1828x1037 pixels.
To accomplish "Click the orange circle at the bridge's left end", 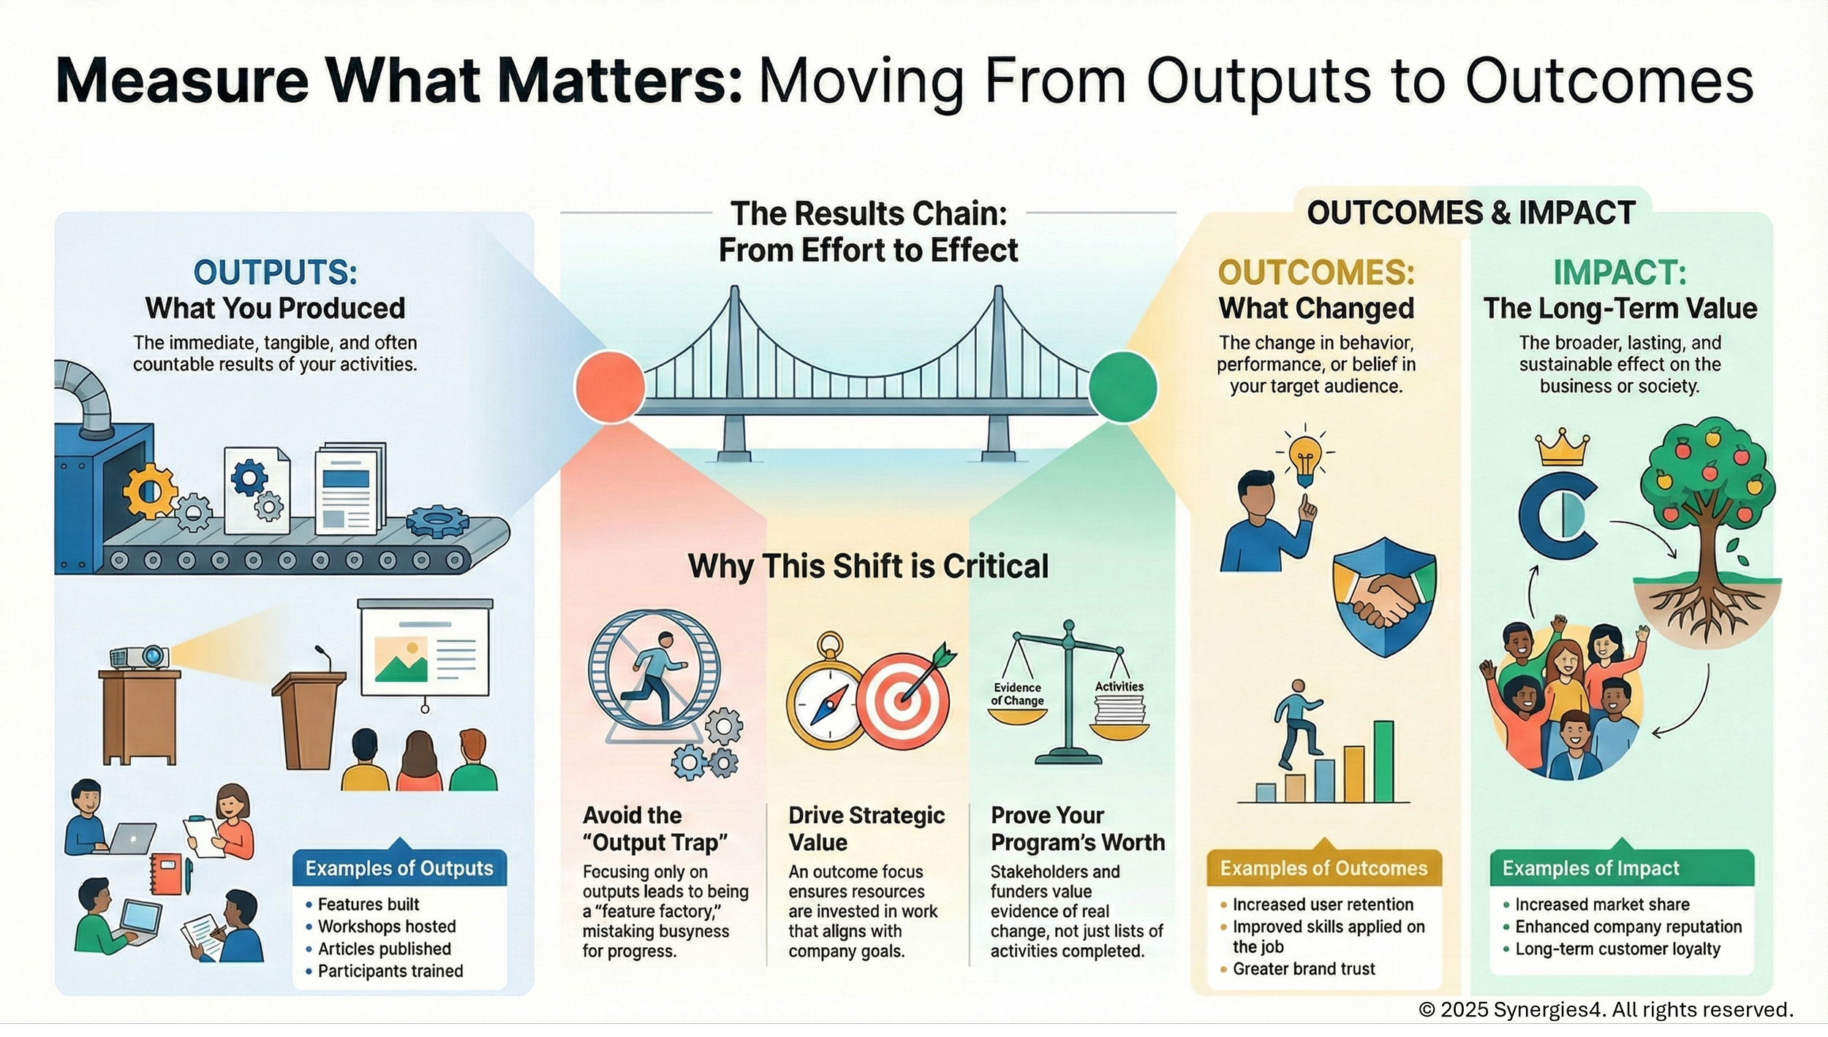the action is click(610, 387).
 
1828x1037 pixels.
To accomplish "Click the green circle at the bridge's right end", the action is click(1122, 387).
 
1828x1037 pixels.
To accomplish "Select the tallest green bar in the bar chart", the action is click(1383, 761).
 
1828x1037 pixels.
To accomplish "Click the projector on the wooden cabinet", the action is click(140, 658).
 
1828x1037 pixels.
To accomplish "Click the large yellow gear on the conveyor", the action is click(150, 491).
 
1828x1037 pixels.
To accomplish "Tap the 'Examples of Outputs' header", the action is click(399, 868).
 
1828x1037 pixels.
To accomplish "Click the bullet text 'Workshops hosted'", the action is click(387, 927).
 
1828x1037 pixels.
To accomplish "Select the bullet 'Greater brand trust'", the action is click(1304, 969).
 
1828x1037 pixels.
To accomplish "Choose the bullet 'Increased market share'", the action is click(1602, 905).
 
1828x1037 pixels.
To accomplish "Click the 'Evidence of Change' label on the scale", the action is click(1017, 694).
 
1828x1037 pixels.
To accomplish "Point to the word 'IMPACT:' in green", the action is click(1620, 273).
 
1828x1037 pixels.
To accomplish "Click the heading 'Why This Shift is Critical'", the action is click(868, 566).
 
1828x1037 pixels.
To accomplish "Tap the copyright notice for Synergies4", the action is click(1606, 1009).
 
